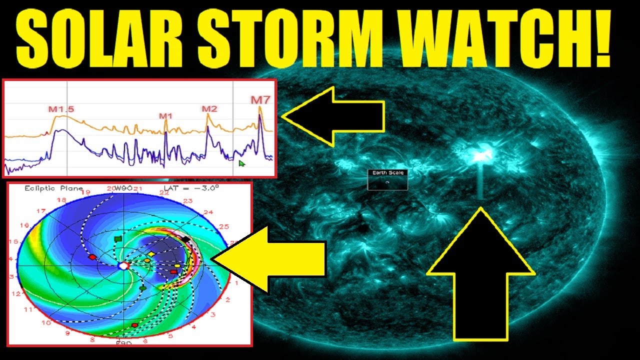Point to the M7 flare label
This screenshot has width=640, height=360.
click(260, 100)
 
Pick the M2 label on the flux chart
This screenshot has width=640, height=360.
click(209, 109)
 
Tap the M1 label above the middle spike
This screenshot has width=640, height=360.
click(166, 116)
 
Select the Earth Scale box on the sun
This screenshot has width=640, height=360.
click(387, 179)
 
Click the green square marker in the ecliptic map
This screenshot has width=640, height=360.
click(118, 239)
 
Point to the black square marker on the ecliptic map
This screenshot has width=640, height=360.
click(186, 239)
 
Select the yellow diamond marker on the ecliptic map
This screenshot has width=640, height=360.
click(152, 254)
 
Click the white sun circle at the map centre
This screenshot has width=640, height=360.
click(123, 266)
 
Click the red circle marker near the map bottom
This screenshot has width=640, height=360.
click(134, 325)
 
